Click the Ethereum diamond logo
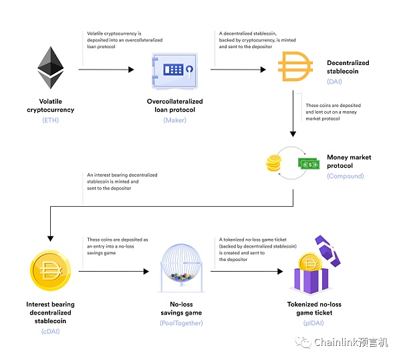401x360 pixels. [x=51, y=68]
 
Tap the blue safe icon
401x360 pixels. [x=175, y=71]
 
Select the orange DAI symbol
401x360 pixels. [x=295, y=66]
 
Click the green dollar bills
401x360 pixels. [x=309, y=163]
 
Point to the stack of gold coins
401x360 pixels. [x=273, y=163]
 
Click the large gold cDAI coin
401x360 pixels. [x=50, y=270]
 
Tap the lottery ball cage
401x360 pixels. [x=182, y=268]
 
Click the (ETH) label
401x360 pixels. [x=51, y=120]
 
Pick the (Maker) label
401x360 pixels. [x=175, y=120]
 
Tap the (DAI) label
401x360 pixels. [x=334, y=82]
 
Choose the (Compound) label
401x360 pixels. [x=346, y=176]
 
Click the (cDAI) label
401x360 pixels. [x=50, y=331]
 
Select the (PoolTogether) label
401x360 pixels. [x=181, y=323]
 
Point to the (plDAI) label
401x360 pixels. [x=313, y=323]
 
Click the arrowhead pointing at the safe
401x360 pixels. [x=131, y=70]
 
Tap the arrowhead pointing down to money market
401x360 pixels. [x=293, y=134]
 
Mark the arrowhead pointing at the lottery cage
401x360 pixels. [x=146, y=272]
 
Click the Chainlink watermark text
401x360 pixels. [x=351, y=343]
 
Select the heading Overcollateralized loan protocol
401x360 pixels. [x=175, y=106]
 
